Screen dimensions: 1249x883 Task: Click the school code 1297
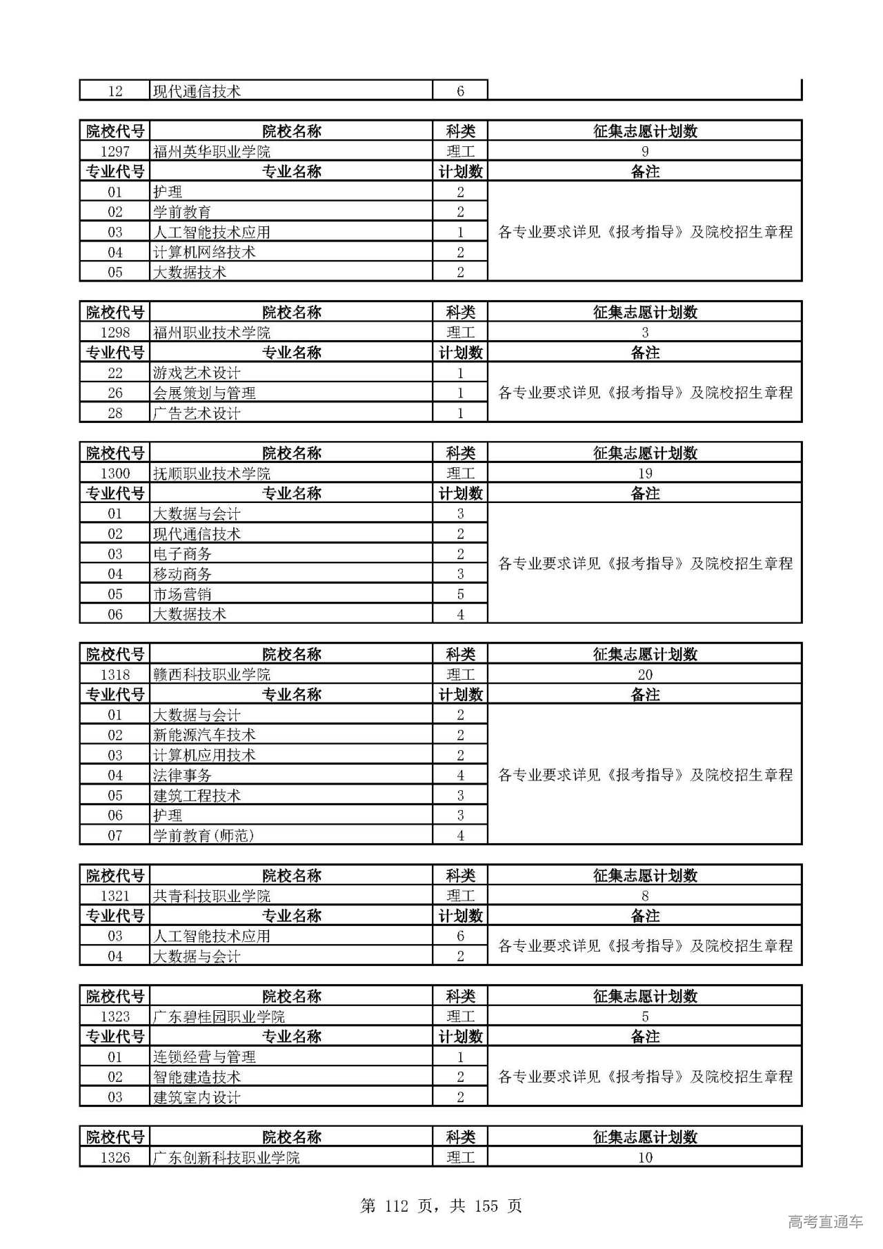(115, 152)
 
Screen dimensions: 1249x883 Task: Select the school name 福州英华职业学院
(212, 152)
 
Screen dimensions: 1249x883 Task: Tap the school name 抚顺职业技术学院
(212, 473)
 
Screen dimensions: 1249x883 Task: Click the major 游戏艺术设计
(197, 373)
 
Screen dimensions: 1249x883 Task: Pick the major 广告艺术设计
(197, 413)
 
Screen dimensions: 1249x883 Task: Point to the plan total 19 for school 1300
(644, 473)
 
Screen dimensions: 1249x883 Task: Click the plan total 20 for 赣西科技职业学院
(644, 675)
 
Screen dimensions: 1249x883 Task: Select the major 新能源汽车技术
(204, 735)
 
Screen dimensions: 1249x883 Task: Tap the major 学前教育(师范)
(204, 836)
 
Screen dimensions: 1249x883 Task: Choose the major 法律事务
(182, 776)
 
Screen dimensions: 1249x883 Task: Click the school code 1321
(115, 896)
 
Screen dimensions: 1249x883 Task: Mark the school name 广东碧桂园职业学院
(219, 1016)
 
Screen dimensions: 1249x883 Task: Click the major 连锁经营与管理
(204, 1057)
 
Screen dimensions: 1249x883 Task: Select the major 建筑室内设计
(197, 1097)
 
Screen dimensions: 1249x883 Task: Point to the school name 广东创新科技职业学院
(226, 1157)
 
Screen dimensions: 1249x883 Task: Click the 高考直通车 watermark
(825, 1221)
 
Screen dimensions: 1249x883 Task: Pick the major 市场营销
(182, 594)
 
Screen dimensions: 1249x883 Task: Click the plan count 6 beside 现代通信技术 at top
(460, 91)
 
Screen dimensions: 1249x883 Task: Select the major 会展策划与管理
(204, 393)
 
